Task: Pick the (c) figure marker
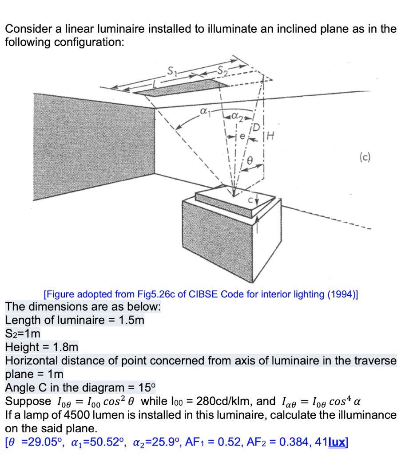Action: click(366, 157)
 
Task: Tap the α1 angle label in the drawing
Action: click(204, 113)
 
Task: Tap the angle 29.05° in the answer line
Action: click(37, 442)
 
